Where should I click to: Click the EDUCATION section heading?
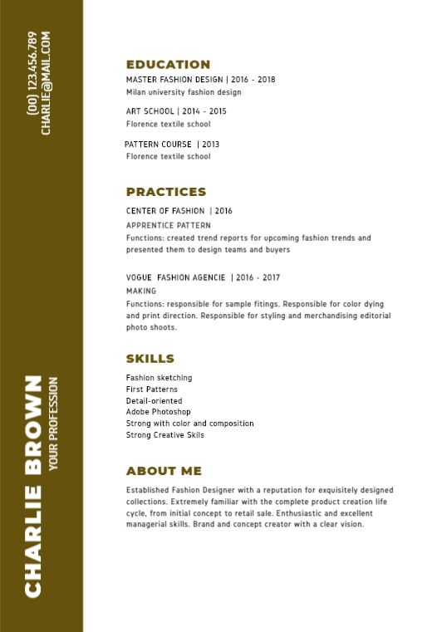tap(168, 64)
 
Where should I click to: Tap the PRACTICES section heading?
tap(166, 192)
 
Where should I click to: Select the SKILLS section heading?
tap(150, 359)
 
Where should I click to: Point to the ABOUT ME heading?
tap(164, 471)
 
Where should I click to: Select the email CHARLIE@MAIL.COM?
tap(46, 83)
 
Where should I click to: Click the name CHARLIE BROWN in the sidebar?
tap(33, 486)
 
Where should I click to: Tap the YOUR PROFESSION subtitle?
tap(54, 424)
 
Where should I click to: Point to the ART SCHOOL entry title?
tap(150, 111)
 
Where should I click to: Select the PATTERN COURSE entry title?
tap(158, 145)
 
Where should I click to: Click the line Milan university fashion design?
tap(184, 92)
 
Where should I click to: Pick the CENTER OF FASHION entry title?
tap(165, 212)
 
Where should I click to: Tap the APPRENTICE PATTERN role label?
tap(169, 225)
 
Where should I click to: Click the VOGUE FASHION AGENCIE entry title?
tap(175, 277)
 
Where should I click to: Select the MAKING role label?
tap(141, 292)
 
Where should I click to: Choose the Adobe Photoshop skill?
tap(159, 412)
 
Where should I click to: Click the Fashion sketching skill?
tap(160, 378)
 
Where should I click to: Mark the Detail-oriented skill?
tap(154, 400)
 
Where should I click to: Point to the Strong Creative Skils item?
tap(165, 435)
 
